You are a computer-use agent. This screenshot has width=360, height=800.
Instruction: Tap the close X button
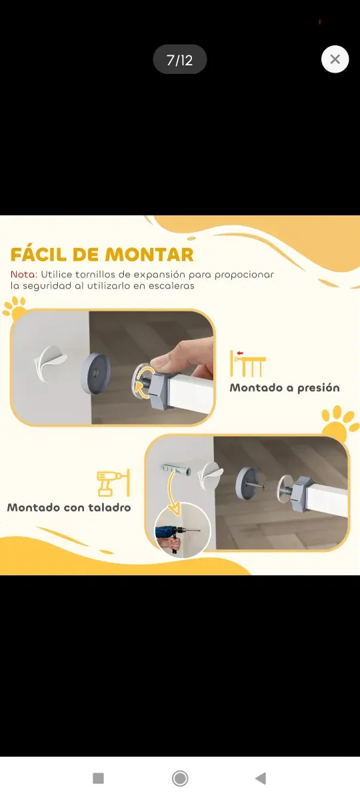click(x=335, y=59)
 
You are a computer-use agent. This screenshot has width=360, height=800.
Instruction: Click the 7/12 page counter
click(x=180, y=60)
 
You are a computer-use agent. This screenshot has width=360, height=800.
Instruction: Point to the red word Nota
click(x=23, y=274)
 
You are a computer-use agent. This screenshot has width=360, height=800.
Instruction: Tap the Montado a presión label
click(x=285, y=387)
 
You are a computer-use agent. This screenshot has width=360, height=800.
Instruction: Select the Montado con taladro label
click(x=69, y=507)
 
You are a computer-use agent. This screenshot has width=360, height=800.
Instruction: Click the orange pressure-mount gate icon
click(x=248, y=363)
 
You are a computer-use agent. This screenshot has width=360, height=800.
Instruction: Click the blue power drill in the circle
click(x=170, y=534)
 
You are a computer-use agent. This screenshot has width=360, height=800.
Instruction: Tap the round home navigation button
click(x=179, y=778)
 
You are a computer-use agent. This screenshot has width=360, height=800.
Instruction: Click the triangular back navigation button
click(x=261, y=778)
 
